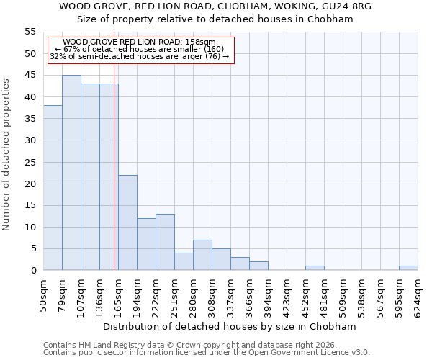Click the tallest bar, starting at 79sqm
(71, 173)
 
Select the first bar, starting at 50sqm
(53, 188)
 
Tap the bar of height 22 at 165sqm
(127, 222)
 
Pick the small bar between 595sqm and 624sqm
(408, 268)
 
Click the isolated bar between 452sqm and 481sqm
(315, 268)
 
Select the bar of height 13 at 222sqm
(165, 242)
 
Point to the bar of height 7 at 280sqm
(202, 255)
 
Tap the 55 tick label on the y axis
(30, 32)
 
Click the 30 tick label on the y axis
(30, 140)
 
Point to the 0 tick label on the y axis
(33, 271)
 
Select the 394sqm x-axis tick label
(268, 295)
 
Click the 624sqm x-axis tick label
(418, 295)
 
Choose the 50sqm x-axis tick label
(43, 295)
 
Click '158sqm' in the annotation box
(200, 42)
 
